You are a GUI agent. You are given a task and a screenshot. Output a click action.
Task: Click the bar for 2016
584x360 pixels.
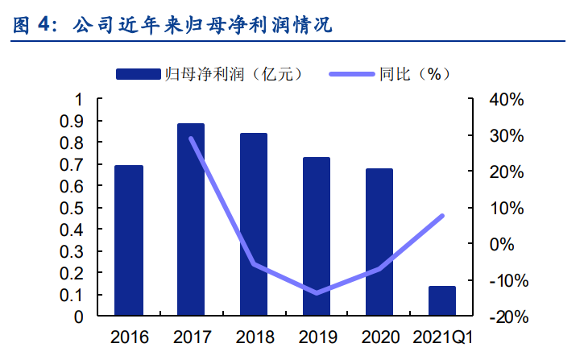tap(129, 241)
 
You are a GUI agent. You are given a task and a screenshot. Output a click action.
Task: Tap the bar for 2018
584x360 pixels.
tap(254, 225)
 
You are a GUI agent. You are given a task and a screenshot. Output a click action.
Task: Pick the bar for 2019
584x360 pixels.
tap(317, 237)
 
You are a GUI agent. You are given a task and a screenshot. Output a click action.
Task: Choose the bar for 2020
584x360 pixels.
tap(379, 242)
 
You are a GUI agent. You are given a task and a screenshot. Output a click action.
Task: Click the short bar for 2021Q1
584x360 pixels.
tap(442, 301)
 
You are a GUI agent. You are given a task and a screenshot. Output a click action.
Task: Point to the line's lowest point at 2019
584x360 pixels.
tap(317, 293)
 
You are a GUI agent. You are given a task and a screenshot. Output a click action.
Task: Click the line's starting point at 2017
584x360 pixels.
tap(191, 138)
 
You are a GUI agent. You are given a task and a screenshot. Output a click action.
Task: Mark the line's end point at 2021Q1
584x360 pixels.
tap(442, 216)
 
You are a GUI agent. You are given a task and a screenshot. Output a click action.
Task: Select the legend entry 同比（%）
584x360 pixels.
tap(391, 74)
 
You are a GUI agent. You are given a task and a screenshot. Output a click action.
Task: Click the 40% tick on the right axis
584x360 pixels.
tap(507, 100)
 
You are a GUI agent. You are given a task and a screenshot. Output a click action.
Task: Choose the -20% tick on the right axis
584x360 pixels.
tap(505, 317)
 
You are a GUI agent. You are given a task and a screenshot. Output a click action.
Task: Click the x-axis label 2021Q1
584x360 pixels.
tap(442, 337)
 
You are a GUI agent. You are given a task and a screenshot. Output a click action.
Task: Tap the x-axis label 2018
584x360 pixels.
tap(254, 337)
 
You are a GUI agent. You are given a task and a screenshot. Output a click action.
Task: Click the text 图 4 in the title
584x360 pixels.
tap(31, 25)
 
